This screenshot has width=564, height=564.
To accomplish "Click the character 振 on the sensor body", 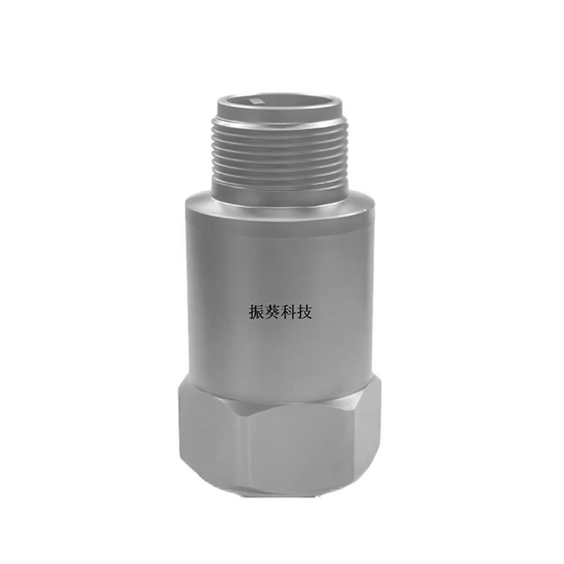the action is point(257,312).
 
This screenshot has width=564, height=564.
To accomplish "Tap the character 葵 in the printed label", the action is point(273,312).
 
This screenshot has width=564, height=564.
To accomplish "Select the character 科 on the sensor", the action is point(288,312).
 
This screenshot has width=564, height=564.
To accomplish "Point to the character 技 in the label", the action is point(304,312).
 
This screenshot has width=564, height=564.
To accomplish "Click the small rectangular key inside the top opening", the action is point(257,101).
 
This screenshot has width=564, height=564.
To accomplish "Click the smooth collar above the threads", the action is point(279,112).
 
